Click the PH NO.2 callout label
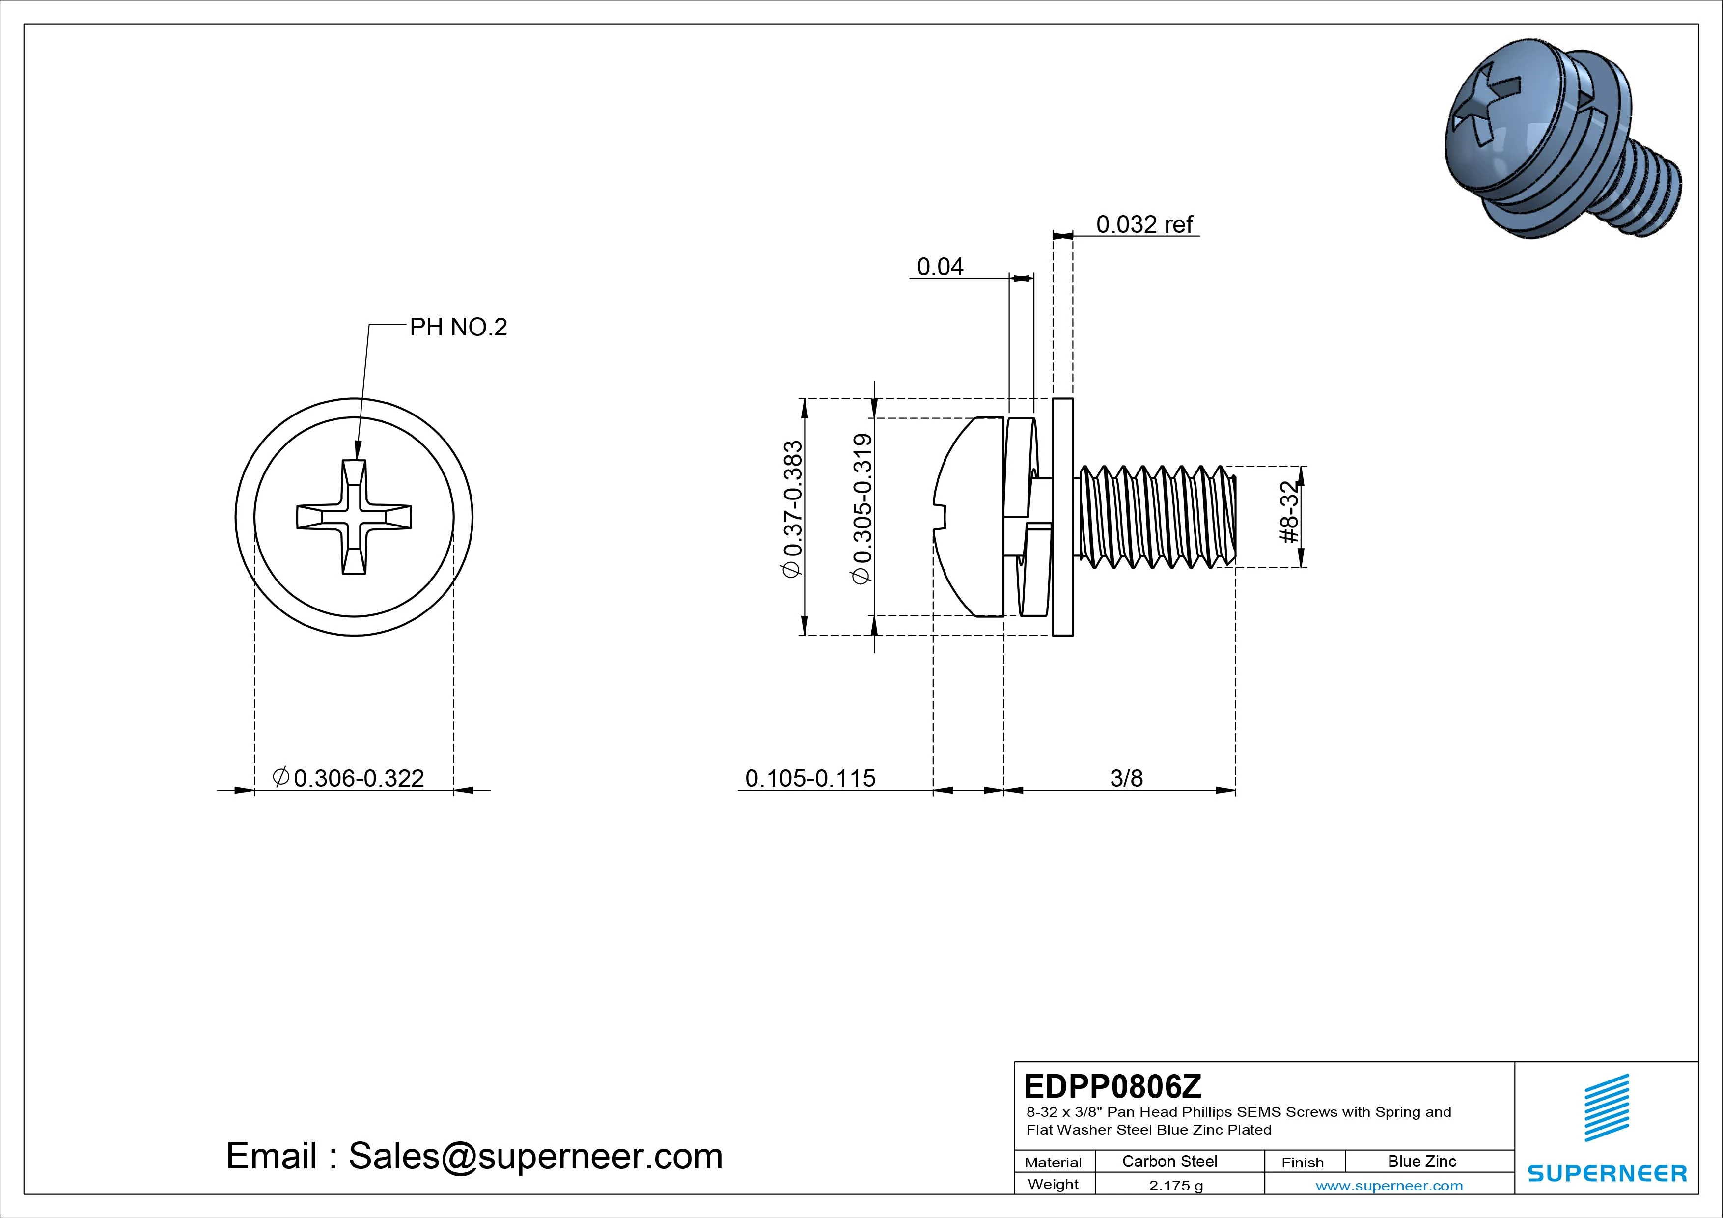[458, 327]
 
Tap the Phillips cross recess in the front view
[354, 517]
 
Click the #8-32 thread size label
[1288, 513]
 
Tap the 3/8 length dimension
[1126, 778]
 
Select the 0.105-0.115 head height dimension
[810, 778]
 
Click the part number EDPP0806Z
[1112, 1086]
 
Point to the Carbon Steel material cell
[1169, 1161]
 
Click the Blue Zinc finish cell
[1421, 1161]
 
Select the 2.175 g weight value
[1175, 1186]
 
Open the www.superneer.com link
[1389, 1186]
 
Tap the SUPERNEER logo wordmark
[1607, 1173]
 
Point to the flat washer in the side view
[1062, 517]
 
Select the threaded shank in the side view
[1156, 517]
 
